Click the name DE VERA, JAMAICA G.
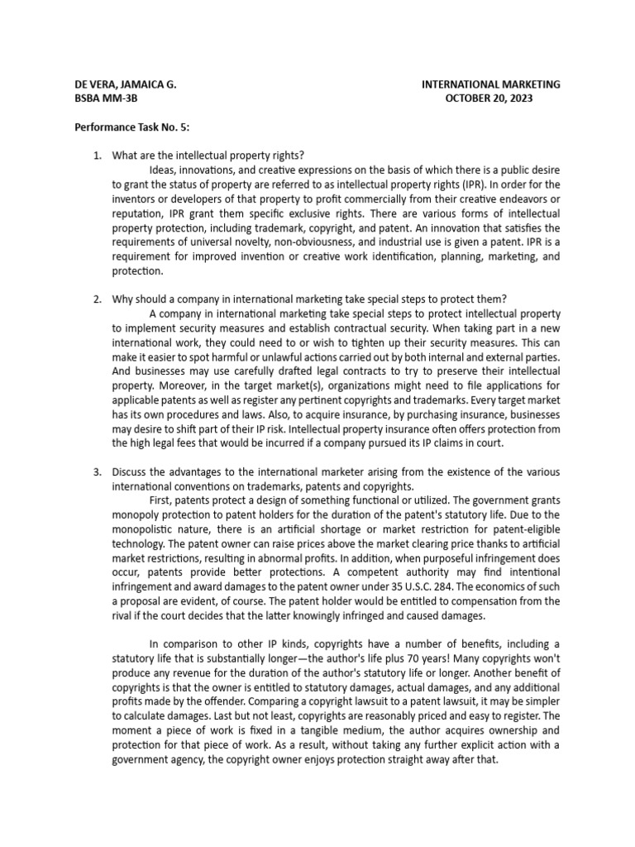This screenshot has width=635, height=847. click(125, 84)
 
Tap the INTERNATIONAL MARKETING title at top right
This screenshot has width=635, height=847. click(490, 84)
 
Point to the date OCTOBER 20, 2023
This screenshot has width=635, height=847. click(489, 98)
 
